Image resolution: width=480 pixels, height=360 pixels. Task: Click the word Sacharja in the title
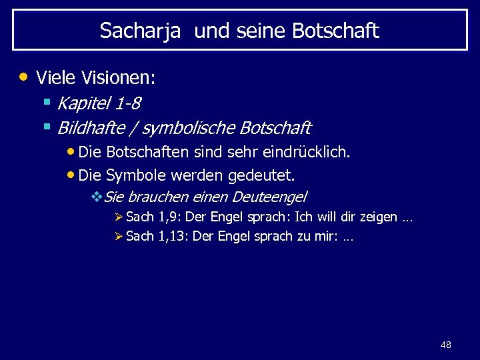[x=140, y=31]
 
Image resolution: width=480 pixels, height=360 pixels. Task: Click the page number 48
[x=446, y=345]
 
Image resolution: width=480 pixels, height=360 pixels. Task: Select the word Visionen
[x=118, y=78]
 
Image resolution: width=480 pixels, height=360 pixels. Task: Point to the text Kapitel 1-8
[x=99, y=103]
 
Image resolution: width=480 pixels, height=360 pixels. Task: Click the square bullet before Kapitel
[x=47, y=102]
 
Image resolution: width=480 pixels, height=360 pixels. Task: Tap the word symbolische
[x=189, y=127]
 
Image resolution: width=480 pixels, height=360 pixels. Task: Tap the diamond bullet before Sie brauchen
[x=95, y=197]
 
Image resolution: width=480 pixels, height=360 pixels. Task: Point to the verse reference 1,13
[x=173, y=237]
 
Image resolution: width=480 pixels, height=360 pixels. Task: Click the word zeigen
[x=378, y=217]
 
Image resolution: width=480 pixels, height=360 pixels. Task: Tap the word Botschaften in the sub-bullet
[x=147, y=152]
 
